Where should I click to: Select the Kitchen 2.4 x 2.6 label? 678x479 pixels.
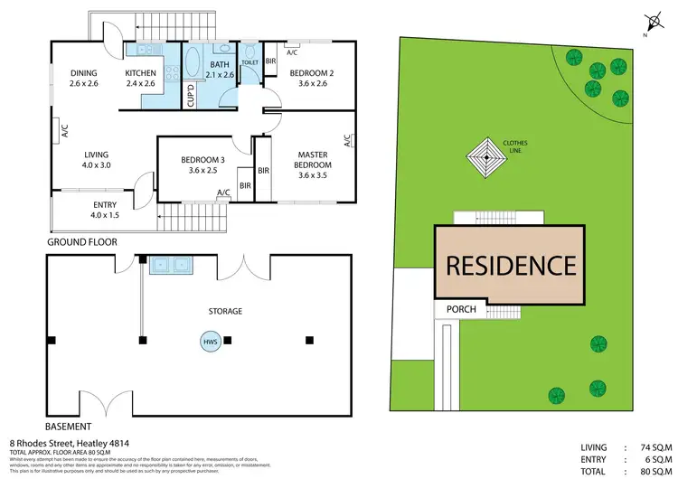pos(141,79)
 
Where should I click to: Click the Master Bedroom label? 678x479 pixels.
pos(314,165)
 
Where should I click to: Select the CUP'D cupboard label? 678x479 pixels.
pos(191,97)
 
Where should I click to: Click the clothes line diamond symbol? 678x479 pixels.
pos(486,161)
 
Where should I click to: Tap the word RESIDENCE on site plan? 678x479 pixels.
pos(511,266)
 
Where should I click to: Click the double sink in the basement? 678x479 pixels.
pos(169,266)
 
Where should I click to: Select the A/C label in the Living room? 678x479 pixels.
pos(64,132)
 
